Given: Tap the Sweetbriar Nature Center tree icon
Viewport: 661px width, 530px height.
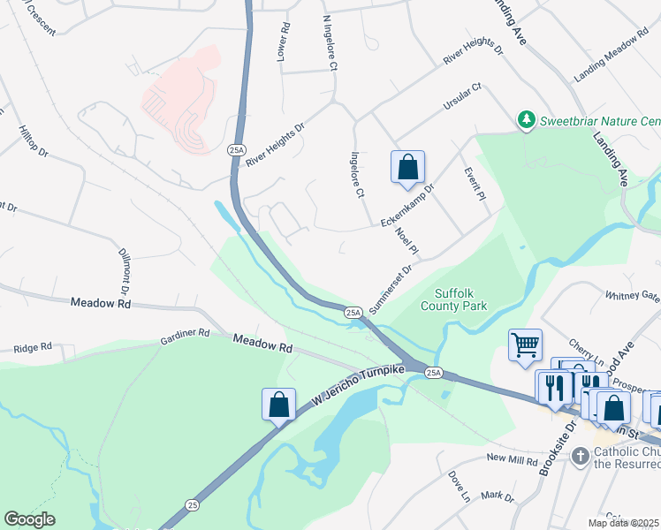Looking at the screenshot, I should (527, 119).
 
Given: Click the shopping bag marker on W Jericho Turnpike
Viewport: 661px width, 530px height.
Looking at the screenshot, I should (278, 405).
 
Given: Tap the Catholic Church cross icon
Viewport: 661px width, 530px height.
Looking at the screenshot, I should (581, 456).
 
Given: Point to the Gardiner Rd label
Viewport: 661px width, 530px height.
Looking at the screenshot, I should (185, 335).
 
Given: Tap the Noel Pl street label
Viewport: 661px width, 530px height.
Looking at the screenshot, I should (406, 242).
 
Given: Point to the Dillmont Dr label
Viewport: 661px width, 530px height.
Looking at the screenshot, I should (125, 270).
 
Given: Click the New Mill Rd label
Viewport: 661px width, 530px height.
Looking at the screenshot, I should (513, 459).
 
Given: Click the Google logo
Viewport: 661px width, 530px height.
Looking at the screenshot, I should (29, 519).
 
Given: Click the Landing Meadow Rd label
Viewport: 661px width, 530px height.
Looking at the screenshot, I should (605, 60).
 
